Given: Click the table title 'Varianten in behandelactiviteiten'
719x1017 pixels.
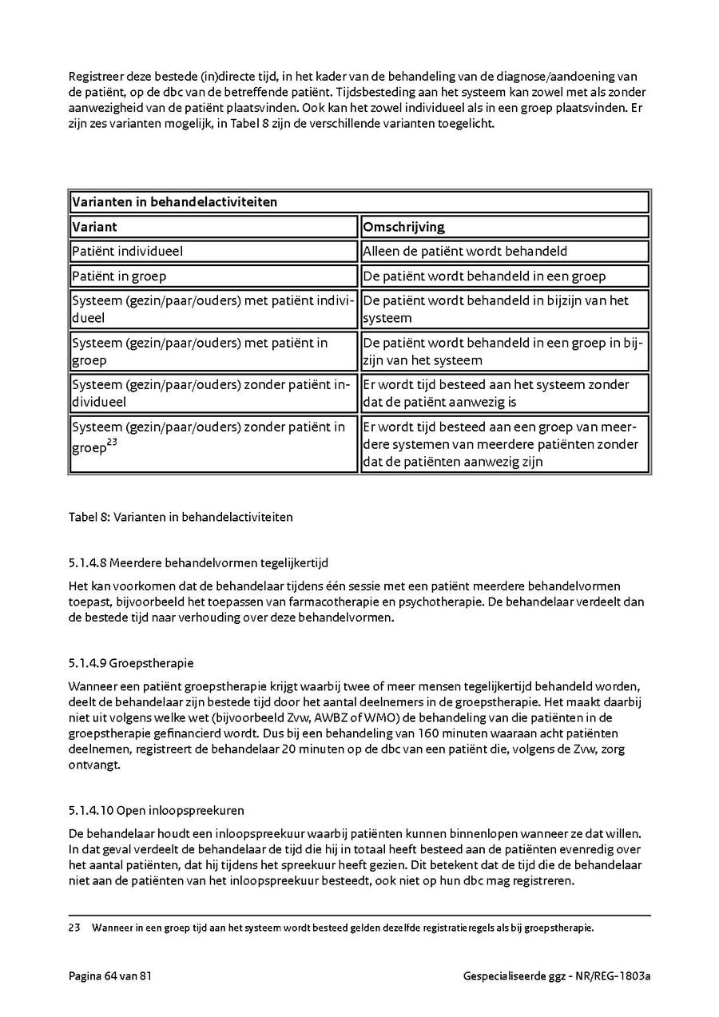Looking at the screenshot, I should click(174, 202).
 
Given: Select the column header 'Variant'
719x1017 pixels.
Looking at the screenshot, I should click(94, 227).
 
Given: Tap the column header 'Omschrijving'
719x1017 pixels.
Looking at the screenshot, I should click(403, 227).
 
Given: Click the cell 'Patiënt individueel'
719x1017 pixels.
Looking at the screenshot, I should click(128, 252).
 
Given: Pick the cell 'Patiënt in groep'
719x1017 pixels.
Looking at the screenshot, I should click(120, 276).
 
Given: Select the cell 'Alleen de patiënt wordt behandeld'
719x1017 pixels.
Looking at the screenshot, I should click(465, 252).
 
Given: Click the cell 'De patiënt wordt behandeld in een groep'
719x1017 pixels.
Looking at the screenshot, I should click(484, 276).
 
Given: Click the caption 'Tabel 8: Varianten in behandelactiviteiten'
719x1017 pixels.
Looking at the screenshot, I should click(181, 517).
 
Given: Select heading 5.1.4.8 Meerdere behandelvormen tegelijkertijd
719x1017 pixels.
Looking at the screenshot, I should click(198, 562).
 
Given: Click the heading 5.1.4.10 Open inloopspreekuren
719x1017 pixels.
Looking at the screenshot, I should click(157, 810).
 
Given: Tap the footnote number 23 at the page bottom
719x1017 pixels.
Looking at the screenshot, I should click(75, 928).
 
